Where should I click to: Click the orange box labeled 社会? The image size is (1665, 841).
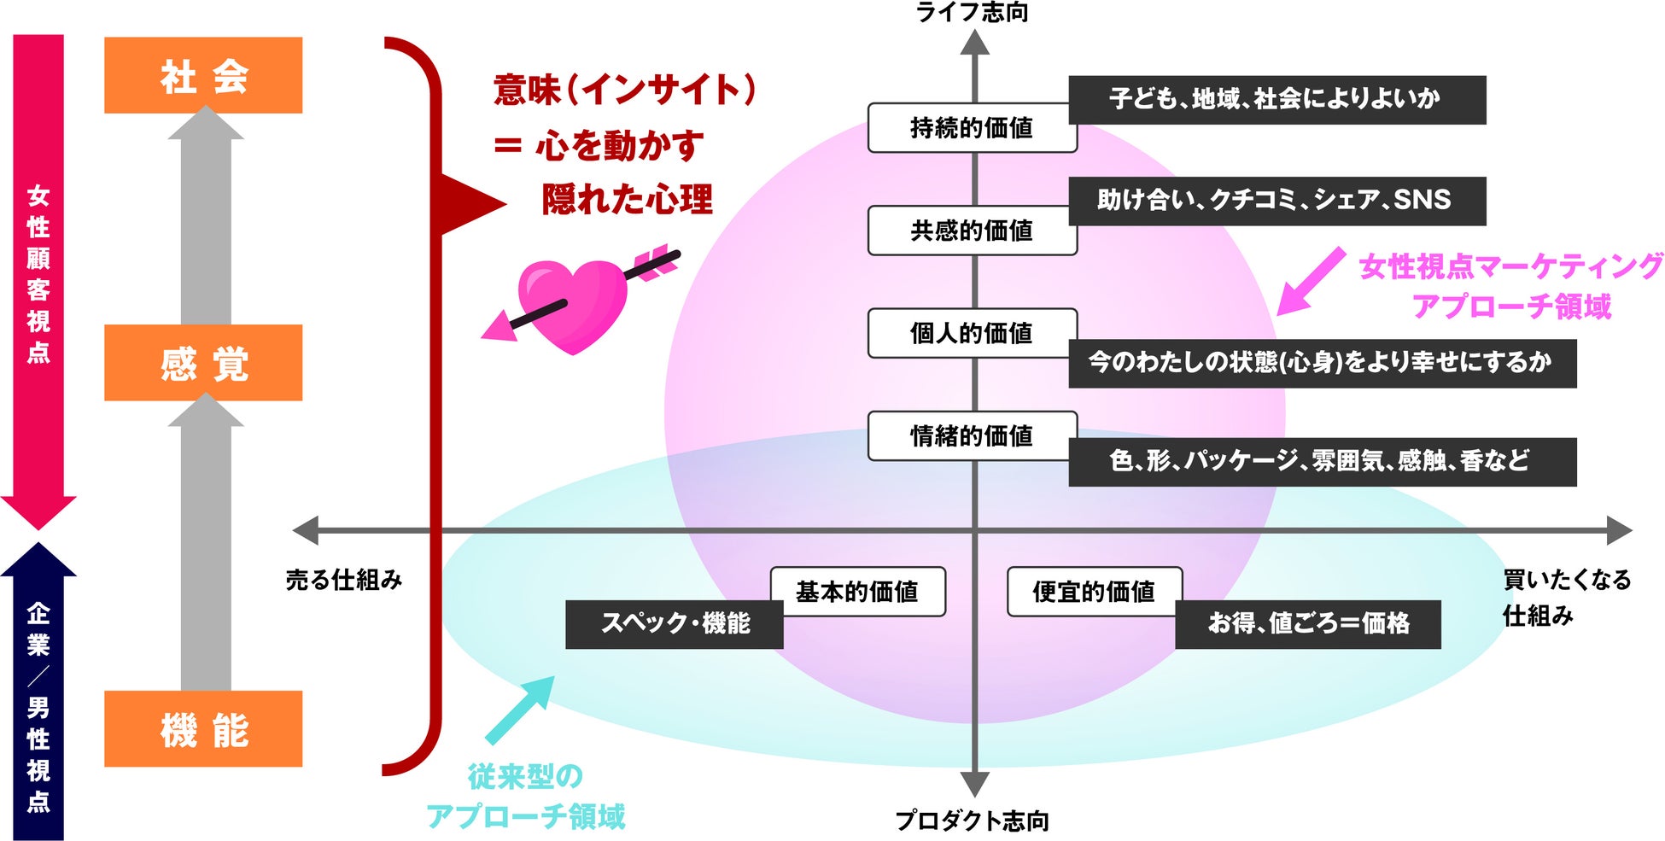click(x=203, y=75)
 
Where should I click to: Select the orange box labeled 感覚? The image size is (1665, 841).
click(x=203, y=363)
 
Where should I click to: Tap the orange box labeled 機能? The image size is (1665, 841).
click(x=203, y=728)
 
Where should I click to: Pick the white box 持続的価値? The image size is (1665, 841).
click(x=972, y=128)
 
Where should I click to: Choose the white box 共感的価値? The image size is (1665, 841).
click(x=972, y=231)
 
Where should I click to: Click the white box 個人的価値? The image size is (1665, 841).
click(x=972, y=333)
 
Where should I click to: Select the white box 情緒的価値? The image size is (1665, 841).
click(x=972, y=435)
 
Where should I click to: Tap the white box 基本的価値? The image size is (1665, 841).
click(x=857, y=591)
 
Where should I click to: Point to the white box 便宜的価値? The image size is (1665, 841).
click(x=1094, y=591)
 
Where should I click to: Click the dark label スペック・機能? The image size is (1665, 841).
click(x=675, y=624)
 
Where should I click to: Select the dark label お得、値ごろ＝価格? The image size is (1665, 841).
click(x=1308, y=624)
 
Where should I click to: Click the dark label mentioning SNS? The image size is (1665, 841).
click(x=1276, y=201)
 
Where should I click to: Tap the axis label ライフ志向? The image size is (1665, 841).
click(x=973, y=12)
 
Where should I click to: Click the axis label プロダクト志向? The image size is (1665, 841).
click(x=973, y=821)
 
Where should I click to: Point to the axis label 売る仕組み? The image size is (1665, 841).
click(x=344, y=581)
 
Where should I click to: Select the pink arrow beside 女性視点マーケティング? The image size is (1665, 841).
click(x=1310, y=282)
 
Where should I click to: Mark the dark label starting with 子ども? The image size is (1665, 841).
click(x=1276, y=100)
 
